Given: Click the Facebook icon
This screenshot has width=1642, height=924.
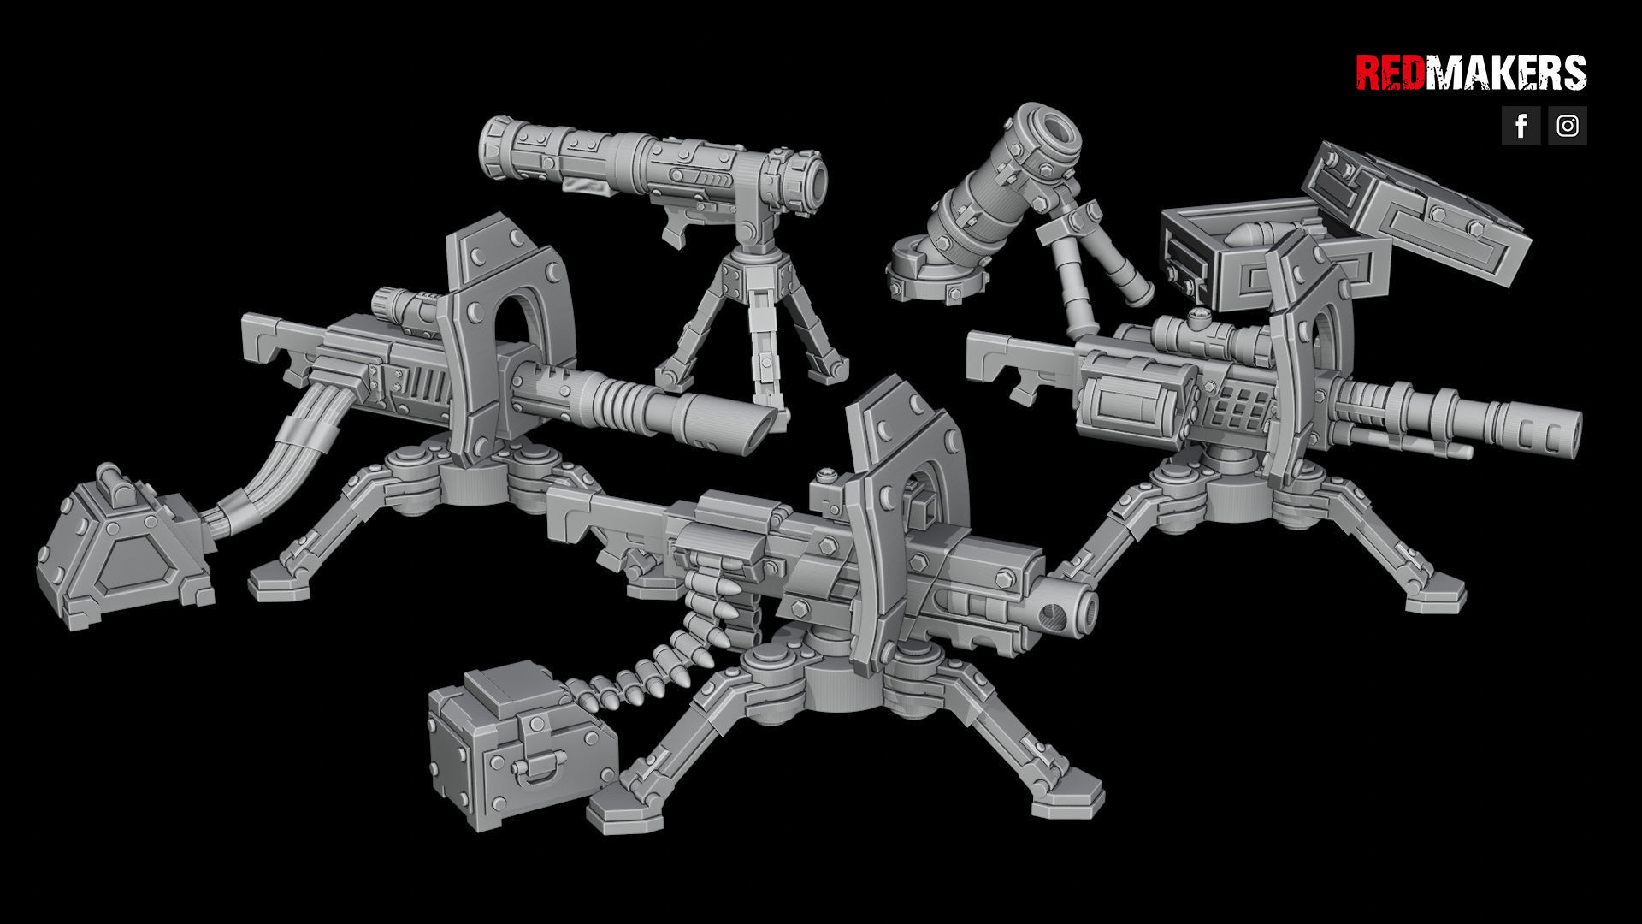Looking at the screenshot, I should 1521,126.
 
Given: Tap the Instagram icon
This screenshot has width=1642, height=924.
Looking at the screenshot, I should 1567,126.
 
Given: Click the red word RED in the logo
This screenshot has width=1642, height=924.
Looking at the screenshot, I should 1389,73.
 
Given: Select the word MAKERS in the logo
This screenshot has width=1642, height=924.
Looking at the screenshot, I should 1505,73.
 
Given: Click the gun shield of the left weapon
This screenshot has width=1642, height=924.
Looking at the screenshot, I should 505,325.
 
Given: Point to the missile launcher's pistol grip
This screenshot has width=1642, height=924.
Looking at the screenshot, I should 676,231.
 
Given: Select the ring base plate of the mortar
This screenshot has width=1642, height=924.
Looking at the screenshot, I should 932,278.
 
